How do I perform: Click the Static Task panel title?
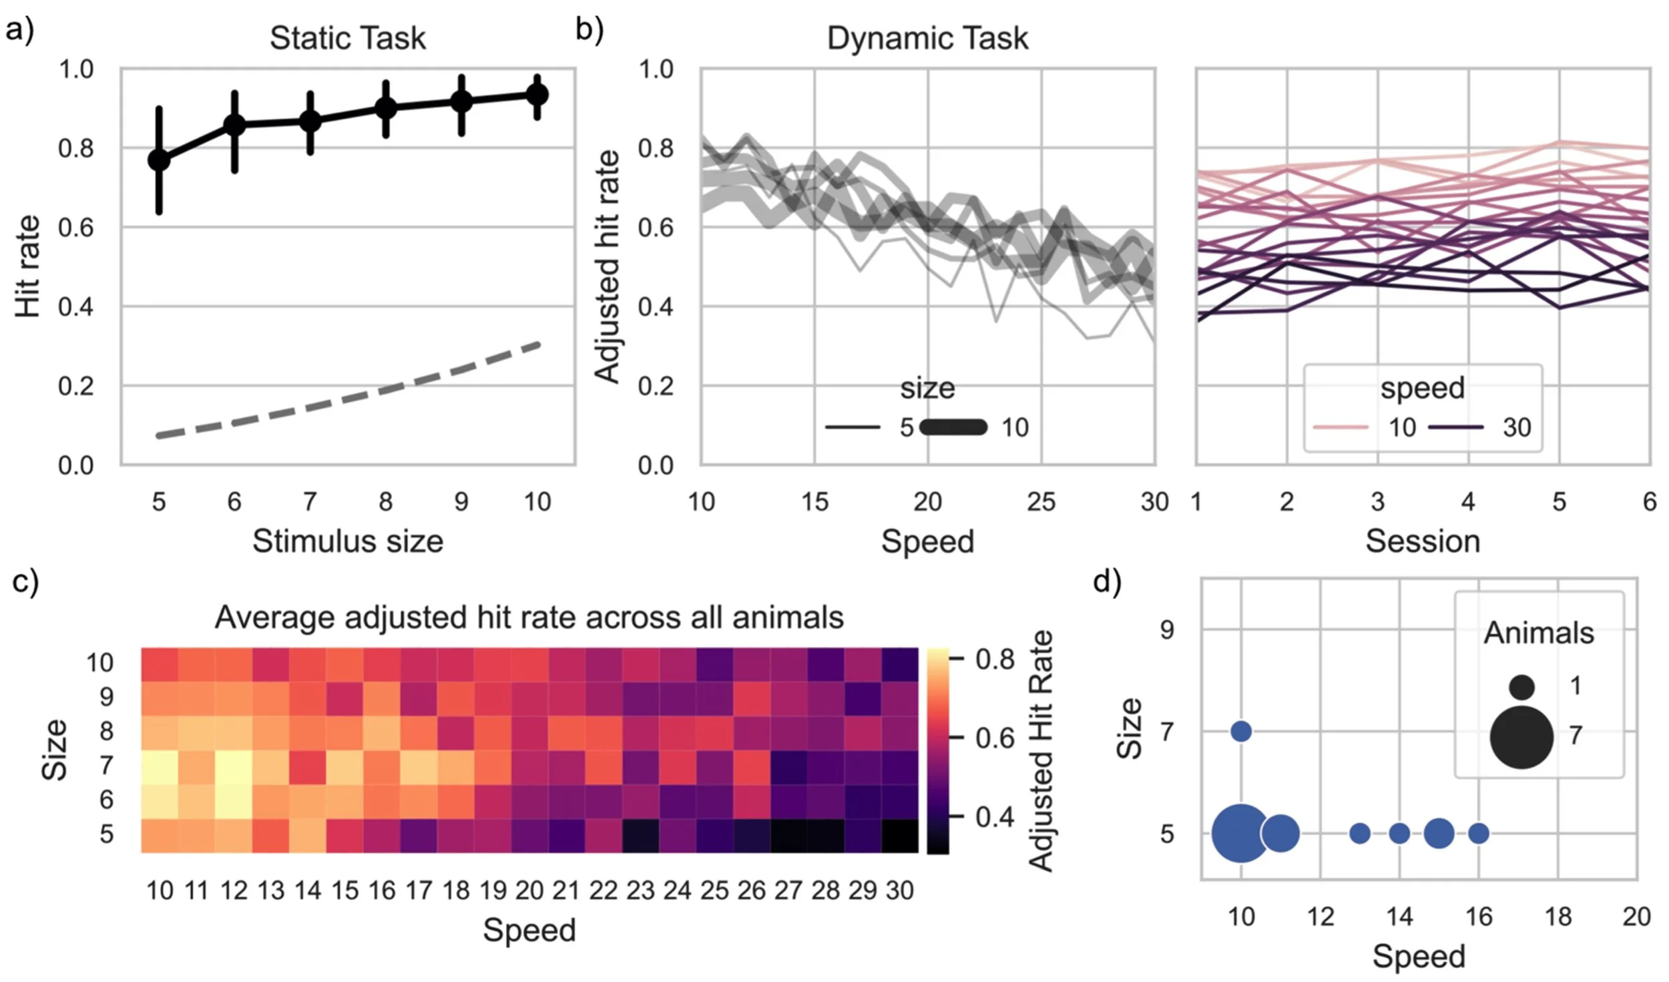click(347, 38)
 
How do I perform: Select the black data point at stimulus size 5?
click(159, 160)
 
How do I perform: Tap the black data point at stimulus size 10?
click(537, 95)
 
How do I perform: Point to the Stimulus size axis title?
click(347, 541)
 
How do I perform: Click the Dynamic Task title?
click(927, 38)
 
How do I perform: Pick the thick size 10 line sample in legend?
click(953, 427)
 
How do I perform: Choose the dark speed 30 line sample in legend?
click(1456, 427)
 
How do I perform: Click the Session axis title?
click(1423, 541)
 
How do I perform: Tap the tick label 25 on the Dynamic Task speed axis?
click(1041, 501)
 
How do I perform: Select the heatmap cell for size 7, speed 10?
click(160, 766)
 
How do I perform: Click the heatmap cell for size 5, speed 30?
click(900, 834)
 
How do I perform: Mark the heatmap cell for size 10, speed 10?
click(160, 664)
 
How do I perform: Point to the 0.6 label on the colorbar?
click(995, 738)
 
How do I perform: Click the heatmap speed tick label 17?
click(419, 891)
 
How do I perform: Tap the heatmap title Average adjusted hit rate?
click(529, 618)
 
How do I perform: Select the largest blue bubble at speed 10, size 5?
click(1240, 833)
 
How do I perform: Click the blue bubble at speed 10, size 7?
click(1241, 732)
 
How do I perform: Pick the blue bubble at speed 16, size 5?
click(1479, 833)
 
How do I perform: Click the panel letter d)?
click(1107, 582)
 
